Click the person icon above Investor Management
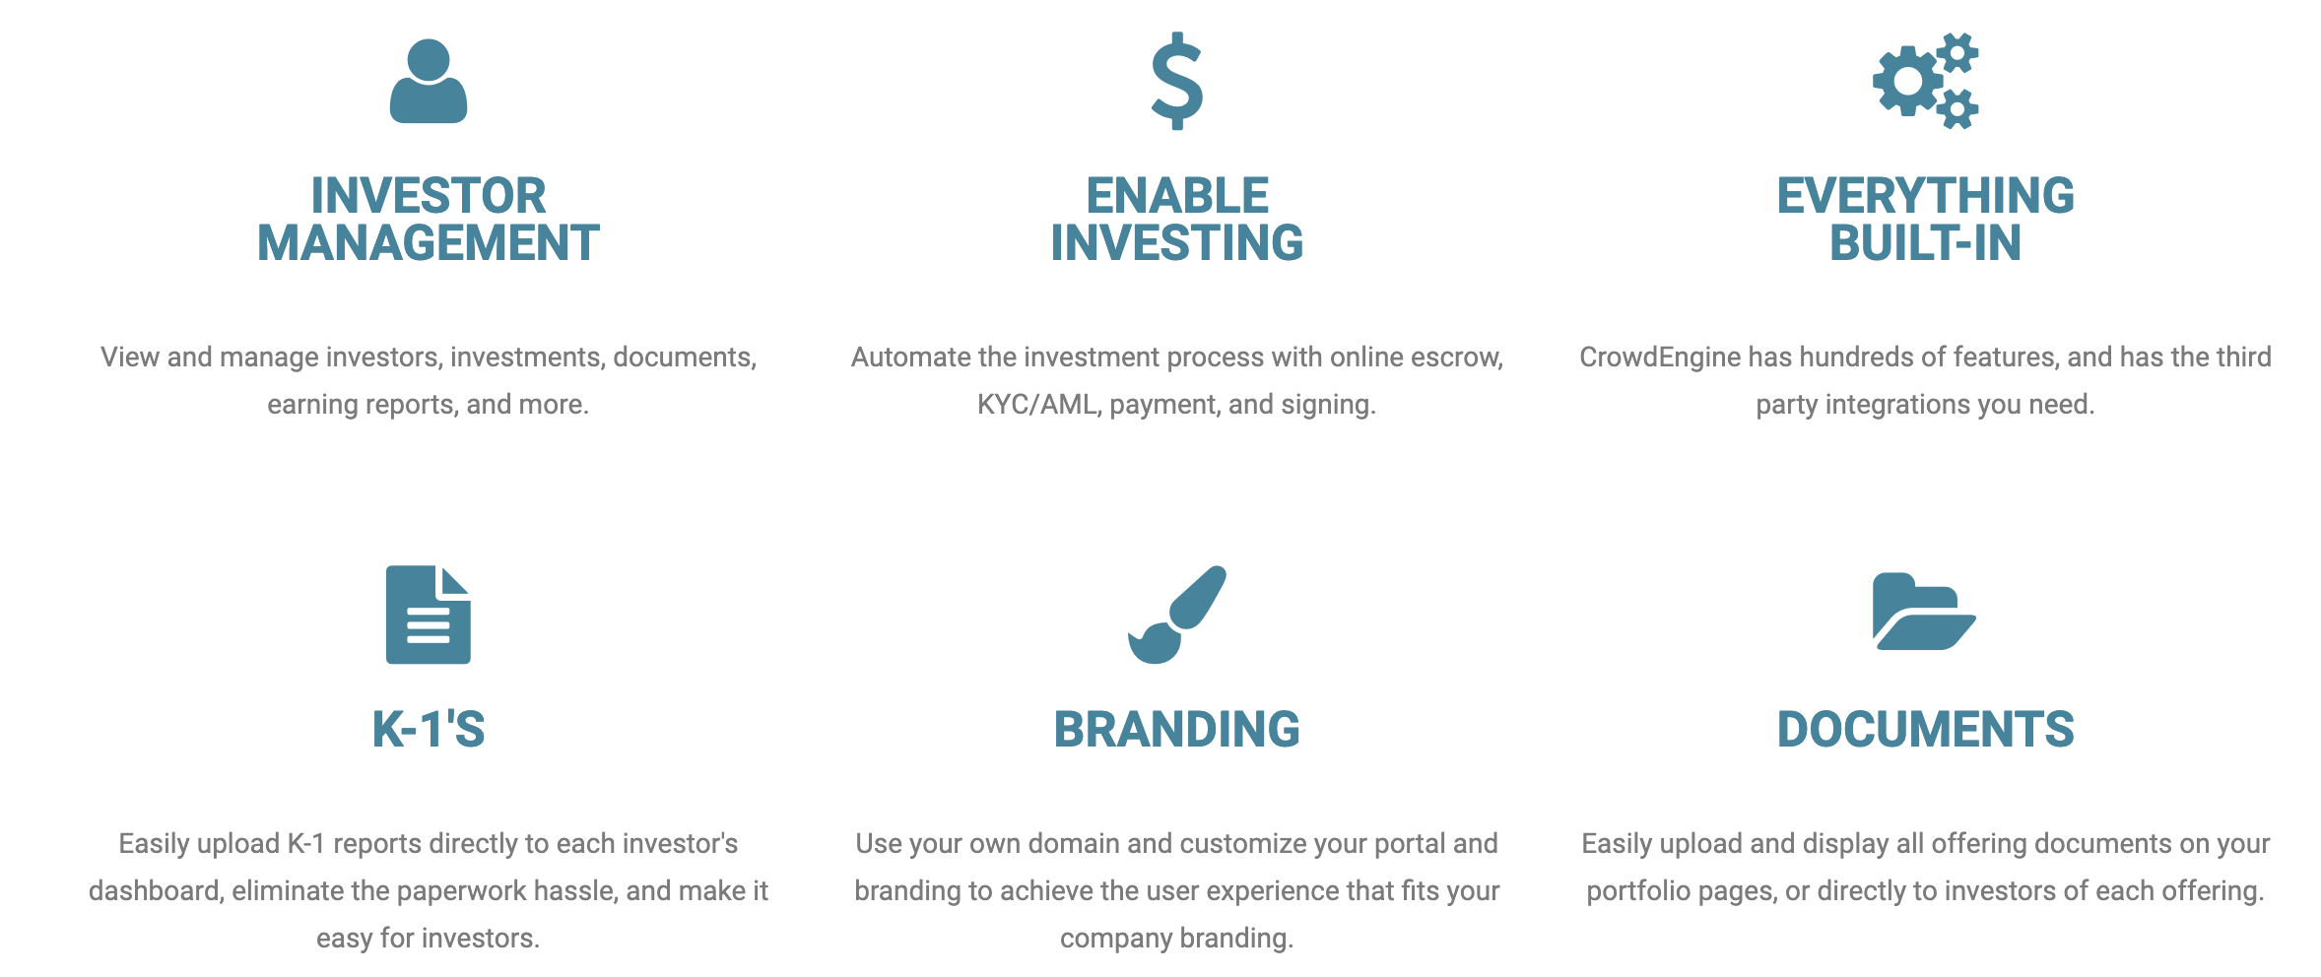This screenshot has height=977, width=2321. click(x=428, y=82)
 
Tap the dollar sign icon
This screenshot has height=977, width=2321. click(x=1177, y=82)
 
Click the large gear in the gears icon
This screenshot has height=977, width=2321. click(x=1908, y=82)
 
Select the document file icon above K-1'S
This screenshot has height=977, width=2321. click(x=428, y=615)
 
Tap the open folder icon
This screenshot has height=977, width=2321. click(x=1924, y=613)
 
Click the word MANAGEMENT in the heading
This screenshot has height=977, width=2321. click(x=428, y=243)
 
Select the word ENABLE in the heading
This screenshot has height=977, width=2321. click(x=1177, y=196)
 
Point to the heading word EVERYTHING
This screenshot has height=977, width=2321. click(x=1925, y=196)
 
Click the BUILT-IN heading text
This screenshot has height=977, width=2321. click(x=1925, y=243)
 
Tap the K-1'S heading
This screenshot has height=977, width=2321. click(x=428, y=730)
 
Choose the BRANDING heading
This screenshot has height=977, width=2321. click(x=1177, y=730)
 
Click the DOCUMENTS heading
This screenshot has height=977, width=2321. click(x=1925, y=730)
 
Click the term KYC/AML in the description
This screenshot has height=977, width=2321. click(x=1036, y=405)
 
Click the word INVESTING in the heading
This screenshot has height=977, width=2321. click(x=1177, y=243)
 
